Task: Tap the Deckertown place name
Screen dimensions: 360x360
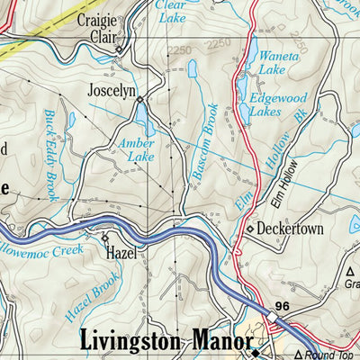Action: click(290, 229)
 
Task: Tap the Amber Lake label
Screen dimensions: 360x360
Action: click(136, 149)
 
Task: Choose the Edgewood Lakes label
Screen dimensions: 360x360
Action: click(277, 106)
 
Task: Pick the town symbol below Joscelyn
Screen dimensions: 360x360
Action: click(139, 100)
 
